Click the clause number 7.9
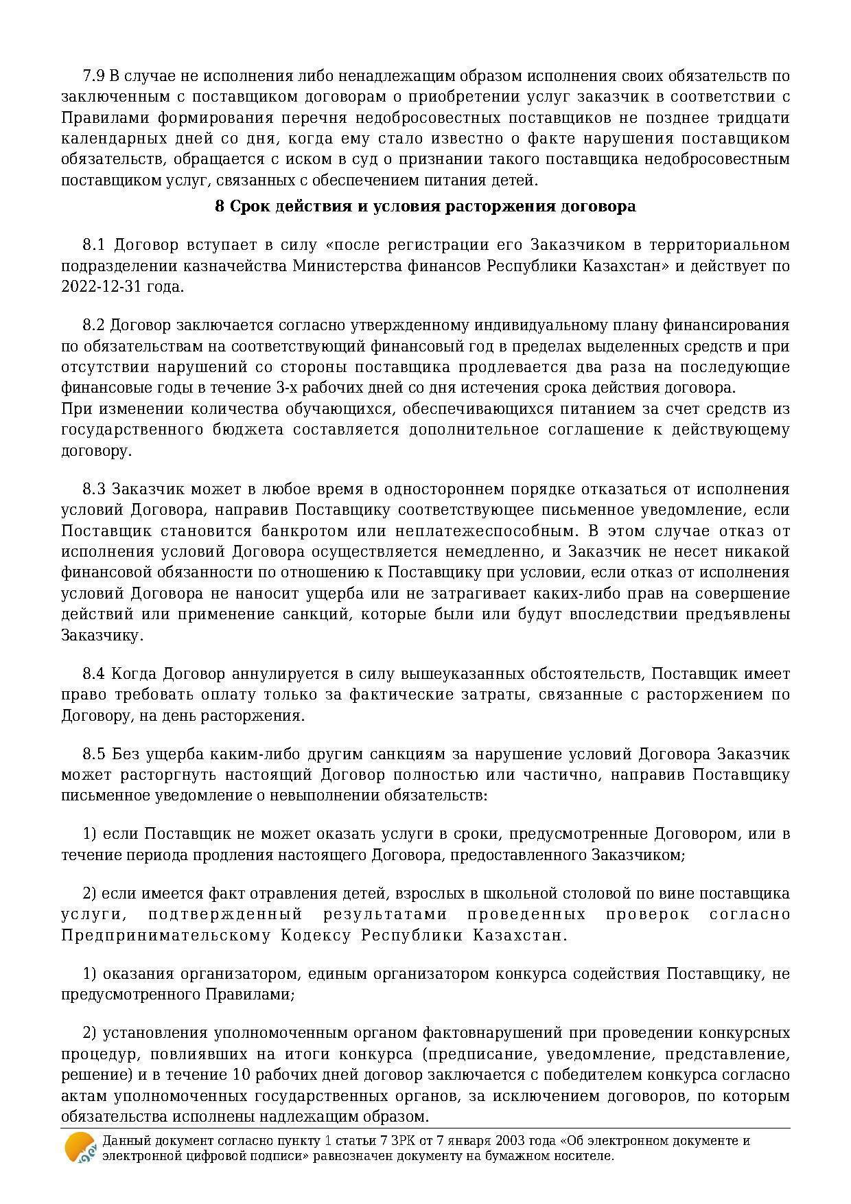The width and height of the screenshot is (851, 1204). coord(93,76)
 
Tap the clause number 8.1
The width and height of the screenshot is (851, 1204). coord(93,245)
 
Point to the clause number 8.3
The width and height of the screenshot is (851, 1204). coord(94,489)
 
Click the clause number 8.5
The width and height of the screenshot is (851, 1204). coord(94,754)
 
